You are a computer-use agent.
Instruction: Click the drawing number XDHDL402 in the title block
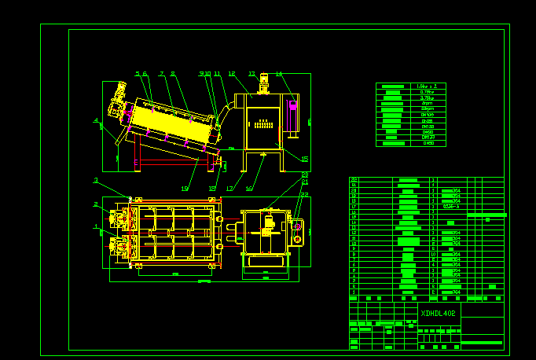(438, 313)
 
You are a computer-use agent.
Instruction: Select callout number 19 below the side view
(185, 189)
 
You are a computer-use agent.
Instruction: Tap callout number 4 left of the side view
(96, 121)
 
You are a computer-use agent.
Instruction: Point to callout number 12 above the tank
(232, 74)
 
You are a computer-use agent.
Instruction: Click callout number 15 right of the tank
(304, 159)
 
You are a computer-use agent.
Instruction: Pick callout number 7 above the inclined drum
(162, 74)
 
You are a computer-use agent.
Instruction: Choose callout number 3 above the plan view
(96, 181)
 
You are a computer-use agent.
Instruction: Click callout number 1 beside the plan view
(96, 226)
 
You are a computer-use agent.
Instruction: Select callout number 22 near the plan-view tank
(304, 194)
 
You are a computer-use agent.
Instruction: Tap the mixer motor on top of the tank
(264, 80)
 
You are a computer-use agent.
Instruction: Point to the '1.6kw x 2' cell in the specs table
(428, 86)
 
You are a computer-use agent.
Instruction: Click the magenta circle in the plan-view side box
(297, 227)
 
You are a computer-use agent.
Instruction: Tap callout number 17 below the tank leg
(229, 189)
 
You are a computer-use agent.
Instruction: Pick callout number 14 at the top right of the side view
(279, 74)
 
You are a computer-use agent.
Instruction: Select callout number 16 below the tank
(249, 189)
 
